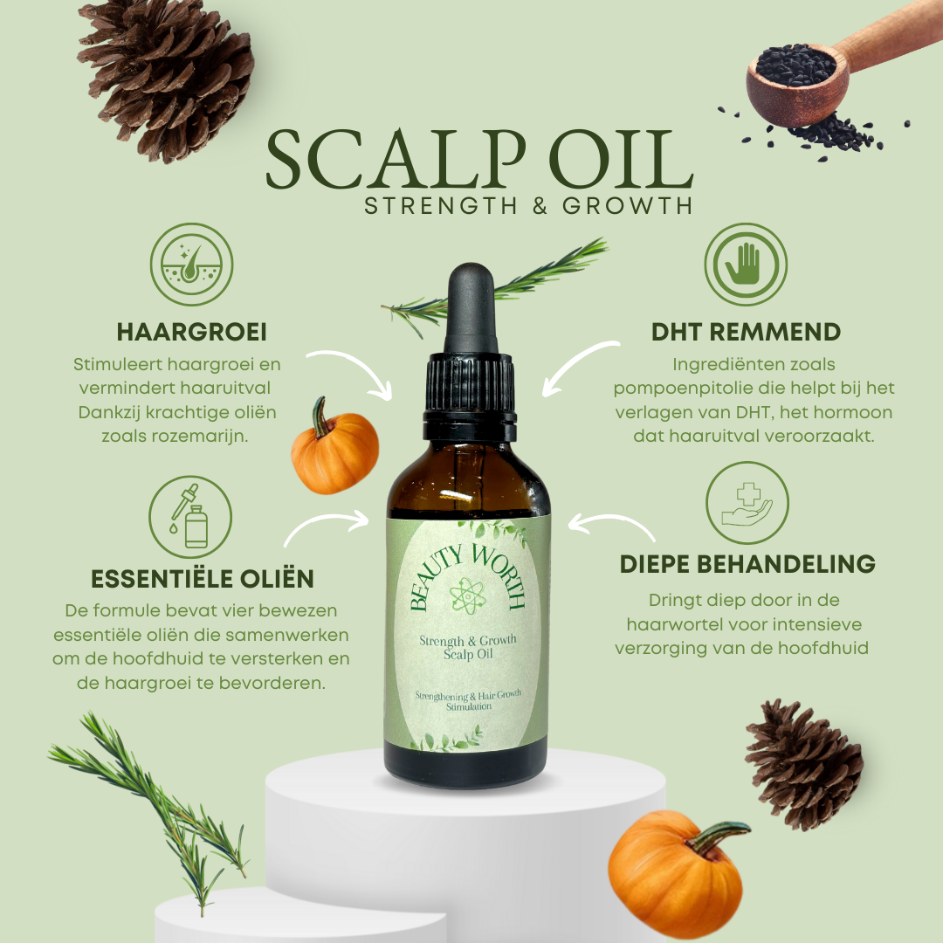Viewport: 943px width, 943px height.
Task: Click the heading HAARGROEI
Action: click(191, 332)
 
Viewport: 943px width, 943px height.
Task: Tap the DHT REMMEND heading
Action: click(746, 332)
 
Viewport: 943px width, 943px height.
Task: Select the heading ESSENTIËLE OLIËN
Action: click(202, 579)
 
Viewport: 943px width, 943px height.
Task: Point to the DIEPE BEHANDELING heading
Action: click(747, 564)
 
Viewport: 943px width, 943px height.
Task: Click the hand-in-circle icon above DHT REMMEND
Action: click(746, 265)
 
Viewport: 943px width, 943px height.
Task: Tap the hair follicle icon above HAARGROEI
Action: click(191, 265)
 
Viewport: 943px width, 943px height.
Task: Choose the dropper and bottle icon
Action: click(190, 517)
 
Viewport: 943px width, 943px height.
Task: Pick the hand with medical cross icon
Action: click(747, 503)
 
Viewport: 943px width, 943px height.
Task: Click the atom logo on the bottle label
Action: click(468, 596)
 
